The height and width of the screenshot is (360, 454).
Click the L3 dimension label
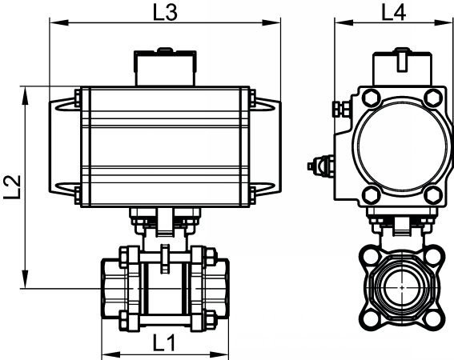pyautogui.click(x=165, y=13)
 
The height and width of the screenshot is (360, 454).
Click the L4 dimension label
pyautogui.click(x=393, y=13)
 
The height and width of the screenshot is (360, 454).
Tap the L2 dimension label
pyautogui.click(x=13, y=187)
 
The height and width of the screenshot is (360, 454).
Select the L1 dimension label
pyautogui.click(x=164, y=343)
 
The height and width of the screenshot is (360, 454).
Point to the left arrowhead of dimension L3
pyautogui.click(x=59, y=22)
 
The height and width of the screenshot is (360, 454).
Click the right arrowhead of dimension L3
pyautogui.click(x=271, y=22)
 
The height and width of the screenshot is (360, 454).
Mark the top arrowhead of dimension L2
pyautogui.click(x=26, y=95)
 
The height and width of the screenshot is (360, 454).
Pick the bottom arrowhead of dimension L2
pyautogui.click(x=26, y=279)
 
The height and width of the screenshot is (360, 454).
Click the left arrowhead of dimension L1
pyautogui.click(x=110, y=354)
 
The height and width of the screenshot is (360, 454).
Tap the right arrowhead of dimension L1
pyautogui.click(x=219, y=354)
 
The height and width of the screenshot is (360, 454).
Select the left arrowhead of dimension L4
pyautogui.click(x=344, y=22)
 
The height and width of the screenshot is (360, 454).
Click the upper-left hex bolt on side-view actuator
pyautogui.click(x=372, y=98)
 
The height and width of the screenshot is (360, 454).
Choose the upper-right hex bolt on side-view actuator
pyautogui.click(x=432, y=98)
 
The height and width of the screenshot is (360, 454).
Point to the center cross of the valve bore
pyautogui.click(x=402, y=288)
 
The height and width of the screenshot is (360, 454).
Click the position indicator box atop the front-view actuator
pyautogui.click(x=165, y=67)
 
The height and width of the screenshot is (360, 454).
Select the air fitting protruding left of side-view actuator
pyautogui.click(x=321, y=166)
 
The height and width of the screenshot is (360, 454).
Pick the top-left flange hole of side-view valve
pyautogui.click(x=370, y=256)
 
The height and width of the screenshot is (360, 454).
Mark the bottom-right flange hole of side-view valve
pyautogui.click(x=433, y=319)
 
